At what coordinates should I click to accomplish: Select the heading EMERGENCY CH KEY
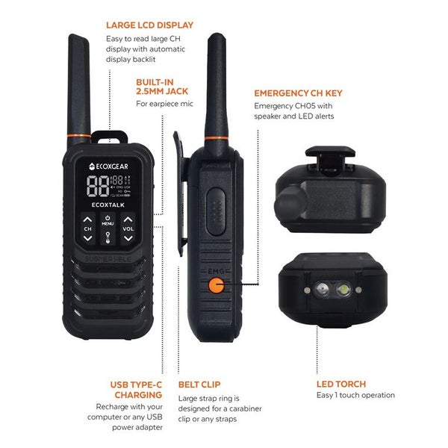click(298, 94)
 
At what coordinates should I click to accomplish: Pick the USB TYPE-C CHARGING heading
click(138, 389)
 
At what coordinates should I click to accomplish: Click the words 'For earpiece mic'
click(164, 103)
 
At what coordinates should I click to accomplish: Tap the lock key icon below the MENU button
click(108, 237)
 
